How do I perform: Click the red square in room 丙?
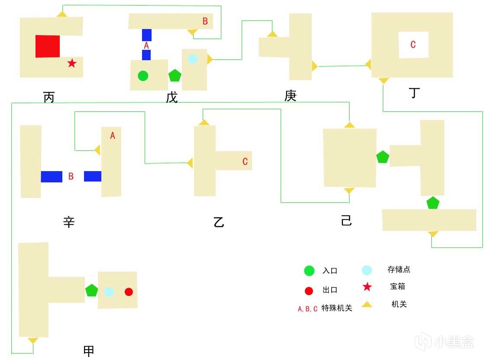[x=48, y=46]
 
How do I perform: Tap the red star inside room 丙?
[x=72, y=64]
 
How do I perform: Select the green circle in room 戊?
[x=143, y=76]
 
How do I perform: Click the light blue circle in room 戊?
[x=193, y=58]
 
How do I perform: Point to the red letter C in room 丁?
[x=413, y=44]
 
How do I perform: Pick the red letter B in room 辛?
[x=71, y=176]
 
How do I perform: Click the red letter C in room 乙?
[x=245, y=162]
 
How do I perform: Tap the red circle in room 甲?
[x=129, y=292]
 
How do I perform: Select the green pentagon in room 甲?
[x=91, y=290]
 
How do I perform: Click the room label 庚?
[x=291, y=96]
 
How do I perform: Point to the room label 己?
[x=346, y=221]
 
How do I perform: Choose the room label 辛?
[x=69, y=223]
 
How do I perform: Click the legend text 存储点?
[x=399, y=269]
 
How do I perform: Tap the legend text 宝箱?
[x=398, y=286]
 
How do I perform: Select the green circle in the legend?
[x=309, y=271]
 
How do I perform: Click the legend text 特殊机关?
[x=337, y=308]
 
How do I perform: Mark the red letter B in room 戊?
[x=205, y=21]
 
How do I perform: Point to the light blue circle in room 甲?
[x=109, y=292]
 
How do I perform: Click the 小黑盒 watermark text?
[x=459, y=342]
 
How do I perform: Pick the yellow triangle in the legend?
[x=367, y=305]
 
